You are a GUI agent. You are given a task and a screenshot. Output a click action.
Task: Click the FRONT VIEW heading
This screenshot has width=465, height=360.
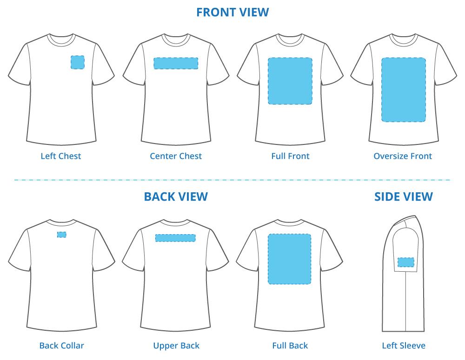232,13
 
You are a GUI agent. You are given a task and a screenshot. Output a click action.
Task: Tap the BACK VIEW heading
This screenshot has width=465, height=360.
176,197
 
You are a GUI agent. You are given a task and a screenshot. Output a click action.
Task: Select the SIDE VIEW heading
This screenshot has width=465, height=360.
403,197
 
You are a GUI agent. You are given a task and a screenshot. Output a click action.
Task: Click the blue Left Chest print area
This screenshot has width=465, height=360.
77,62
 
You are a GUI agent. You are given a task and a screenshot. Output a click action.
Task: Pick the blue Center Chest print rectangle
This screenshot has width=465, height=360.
176,64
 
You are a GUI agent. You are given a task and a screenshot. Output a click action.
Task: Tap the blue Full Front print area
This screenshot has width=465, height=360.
290,81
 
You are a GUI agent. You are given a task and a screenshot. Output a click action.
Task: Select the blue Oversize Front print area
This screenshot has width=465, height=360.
403,90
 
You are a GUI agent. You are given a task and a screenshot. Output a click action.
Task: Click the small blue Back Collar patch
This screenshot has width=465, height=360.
62,235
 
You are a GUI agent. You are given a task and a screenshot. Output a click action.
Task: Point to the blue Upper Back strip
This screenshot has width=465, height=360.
176,238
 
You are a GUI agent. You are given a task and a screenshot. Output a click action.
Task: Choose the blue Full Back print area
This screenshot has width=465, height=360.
289,259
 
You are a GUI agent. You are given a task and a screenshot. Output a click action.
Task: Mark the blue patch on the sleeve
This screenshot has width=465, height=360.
405,262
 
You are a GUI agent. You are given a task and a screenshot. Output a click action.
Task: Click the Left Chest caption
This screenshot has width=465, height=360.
61,156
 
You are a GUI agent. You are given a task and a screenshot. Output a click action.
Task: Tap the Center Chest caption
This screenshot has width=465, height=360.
176,156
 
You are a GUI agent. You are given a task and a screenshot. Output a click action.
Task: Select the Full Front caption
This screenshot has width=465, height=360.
290,156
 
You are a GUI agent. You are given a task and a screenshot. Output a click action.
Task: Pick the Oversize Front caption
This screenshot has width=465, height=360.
403,156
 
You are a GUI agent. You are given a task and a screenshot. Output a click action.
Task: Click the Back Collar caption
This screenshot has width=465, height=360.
62,346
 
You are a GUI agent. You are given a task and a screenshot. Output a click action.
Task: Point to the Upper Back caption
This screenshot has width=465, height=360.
176,346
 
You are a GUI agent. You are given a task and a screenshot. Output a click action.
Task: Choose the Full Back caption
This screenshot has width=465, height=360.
290,346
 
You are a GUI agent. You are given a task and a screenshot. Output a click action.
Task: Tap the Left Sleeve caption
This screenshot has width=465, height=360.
404,346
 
